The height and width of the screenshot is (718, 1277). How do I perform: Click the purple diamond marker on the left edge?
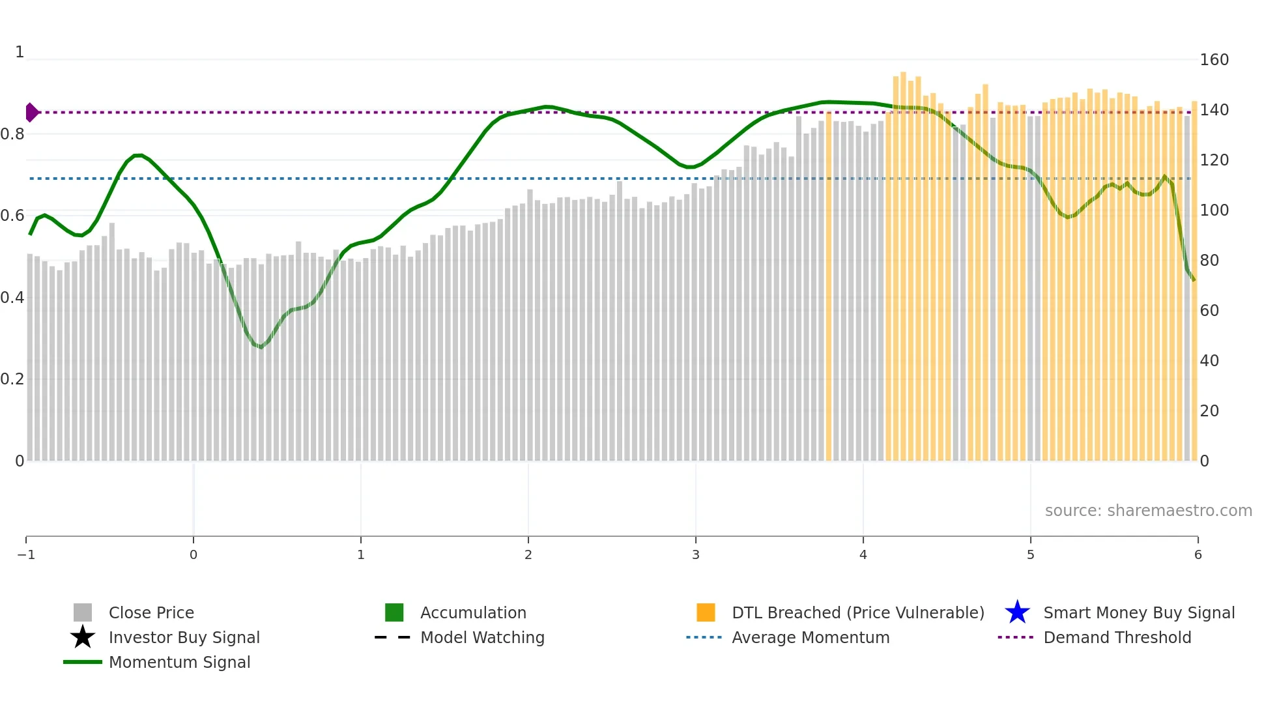pos(31,112)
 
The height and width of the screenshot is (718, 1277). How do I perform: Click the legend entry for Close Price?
pos(151,612)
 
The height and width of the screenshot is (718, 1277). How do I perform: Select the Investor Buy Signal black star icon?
pos(83,637)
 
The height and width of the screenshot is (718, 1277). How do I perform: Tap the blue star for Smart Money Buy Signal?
pos(1017,612)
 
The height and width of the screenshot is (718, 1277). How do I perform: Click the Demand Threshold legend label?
pos(1117,637)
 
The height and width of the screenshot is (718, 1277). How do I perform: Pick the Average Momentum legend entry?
pos(810,637)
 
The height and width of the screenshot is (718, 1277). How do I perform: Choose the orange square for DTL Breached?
pos(706,612)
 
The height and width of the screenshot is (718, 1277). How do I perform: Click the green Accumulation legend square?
pos(394,612)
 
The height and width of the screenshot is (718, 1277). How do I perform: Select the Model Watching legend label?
pos(482,637)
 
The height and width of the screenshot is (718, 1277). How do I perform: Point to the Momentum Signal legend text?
pos(179,662)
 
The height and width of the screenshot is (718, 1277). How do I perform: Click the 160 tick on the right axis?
pos(1214,60)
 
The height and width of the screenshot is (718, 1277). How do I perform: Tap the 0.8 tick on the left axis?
pos(12,134)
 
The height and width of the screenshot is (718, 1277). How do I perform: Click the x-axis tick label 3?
pos(695,554)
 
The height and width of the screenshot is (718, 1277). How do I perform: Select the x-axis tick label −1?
pos(26,554)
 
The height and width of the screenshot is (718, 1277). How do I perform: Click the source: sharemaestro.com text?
pos(1148,510)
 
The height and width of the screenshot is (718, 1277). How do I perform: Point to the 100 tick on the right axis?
pos(1214,210)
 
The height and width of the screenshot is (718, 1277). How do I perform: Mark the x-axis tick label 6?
pos(1198,554)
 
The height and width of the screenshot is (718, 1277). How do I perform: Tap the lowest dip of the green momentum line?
pos(261,347)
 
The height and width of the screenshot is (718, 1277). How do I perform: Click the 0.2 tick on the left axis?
pos(12,379)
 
